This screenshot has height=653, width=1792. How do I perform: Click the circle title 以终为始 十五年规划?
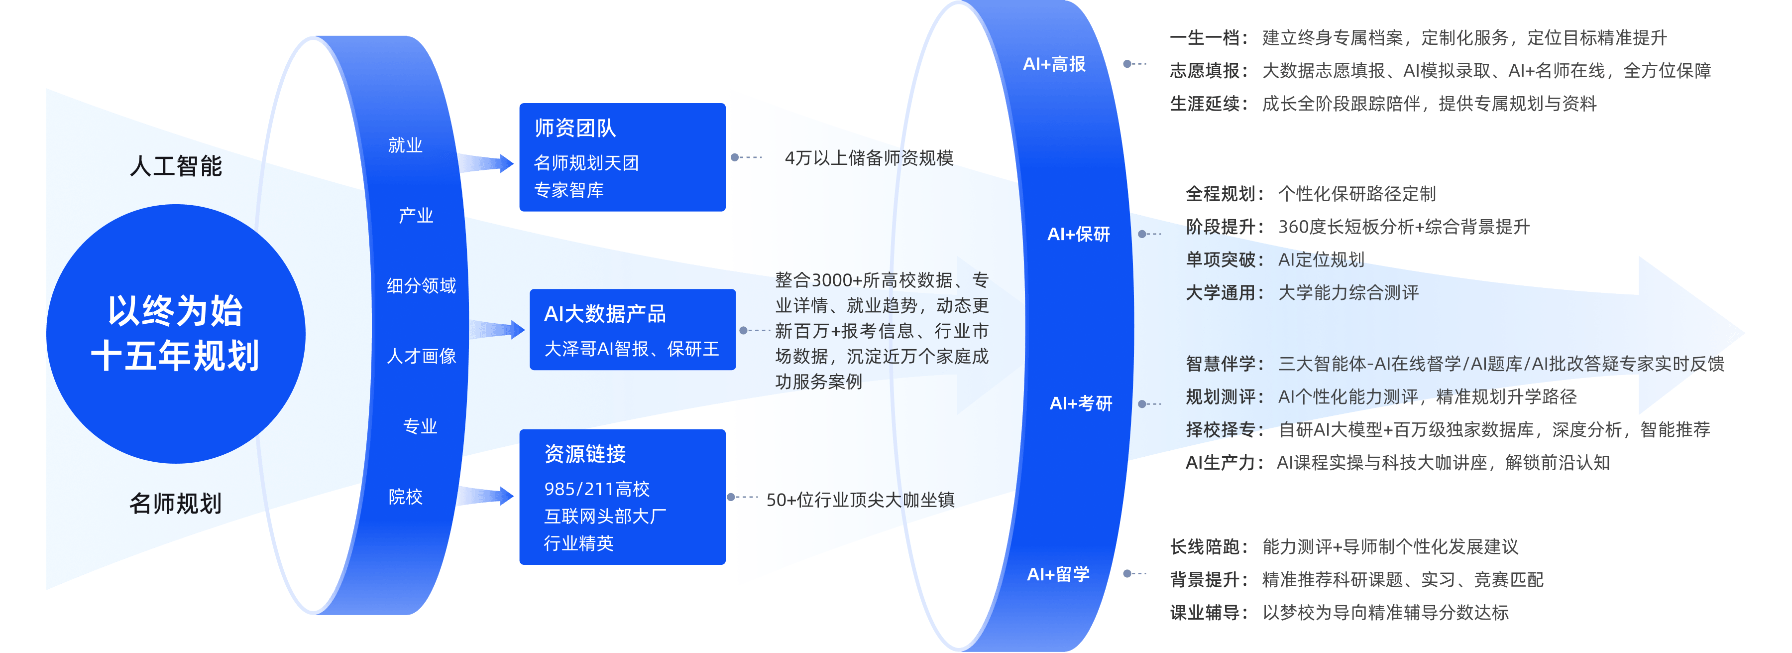click(175, 333)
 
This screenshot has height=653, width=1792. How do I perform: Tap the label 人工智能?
click(176, 166)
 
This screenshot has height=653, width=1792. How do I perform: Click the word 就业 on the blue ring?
click(406, 145)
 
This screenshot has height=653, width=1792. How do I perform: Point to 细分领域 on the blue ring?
click(421, 285)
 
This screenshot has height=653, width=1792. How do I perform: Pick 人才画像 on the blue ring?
click(421, 356)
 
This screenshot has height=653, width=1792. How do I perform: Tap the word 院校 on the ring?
click(406, 497)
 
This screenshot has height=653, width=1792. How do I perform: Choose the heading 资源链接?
click(585, 454)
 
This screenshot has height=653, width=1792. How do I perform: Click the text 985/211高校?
click(597, 489)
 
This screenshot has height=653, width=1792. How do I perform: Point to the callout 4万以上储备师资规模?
click(869, 158)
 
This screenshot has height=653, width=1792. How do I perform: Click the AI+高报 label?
click(1054, 64)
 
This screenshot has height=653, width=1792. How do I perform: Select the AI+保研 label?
click(1078, 234)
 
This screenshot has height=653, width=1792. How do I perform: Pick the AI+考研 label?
click(1080, 403)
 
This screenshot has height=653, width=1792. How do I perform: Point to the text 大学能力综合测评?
click(1348, 292)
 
